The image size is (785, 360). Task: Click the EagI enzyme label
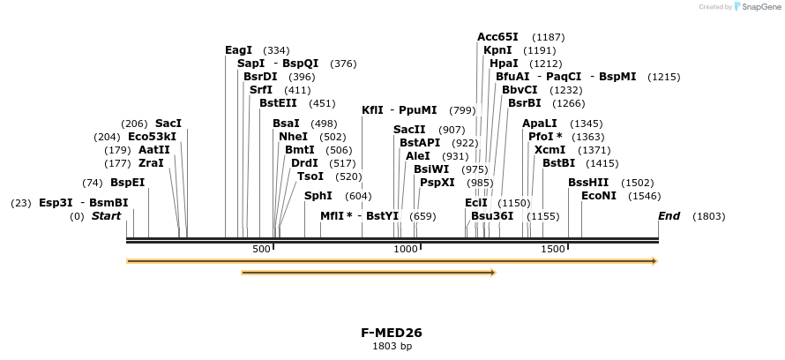pos(238,50)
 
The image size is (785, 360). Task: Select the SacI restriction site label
pos(168,124)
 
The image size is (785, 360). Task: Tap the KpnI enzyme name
pos(497,50)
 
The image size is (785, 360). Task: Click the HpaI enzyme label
pos(504,64)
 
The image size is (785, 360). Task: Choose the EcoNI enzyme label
pos(599,196)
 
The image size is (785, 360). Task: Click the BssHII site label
pos(588,183)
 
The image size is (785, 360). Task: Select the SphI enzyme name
pos(318,196)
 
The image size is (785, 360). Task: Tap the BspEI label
pos(127,183)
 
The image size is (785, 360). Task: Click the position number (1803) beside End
pos(709,216)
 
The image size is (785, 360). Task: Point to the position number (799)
pos(462,110)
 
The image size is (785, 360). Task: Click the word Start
pos(106,216)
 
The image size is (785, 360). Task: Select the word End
pos(669,216)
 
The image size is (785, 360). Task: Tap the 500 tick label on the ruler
pos(261,250)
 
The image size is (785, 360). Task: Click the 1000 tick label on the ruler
pos(406,250)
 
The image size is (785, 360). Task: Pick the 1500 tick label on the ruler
pos(553,250)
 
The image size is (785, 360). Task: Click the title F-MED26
pos(392,333)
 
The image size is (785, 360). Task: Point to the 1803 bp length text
pos(392,346)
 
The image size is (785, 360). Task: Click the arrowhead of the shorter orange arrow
pos(493,273)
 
